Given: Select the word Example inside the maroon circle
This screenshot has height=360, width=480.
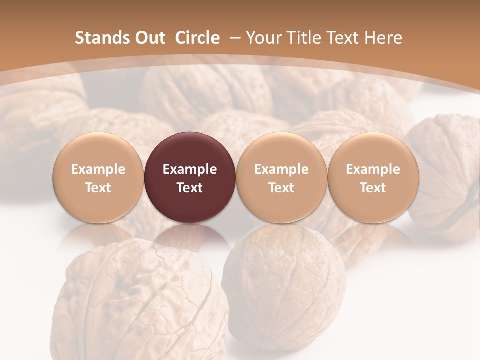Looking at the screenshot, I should pos(190,169).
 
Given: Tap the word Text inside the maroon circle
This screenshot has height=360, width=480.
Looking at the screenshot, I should pos(190,188).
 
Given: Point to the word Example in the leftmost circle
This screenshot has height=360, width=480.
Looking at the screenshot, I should pos(98,169).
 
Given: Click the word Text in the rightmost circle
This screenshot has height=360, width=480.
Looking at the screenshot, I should pos(373,188).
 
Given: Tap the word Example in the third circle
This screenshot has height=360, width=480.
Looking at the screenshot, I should pos(281,169).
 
